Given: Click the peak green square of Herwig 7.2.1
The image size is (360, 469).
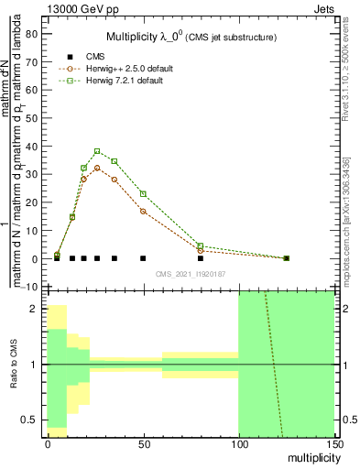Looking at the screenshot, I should pos(97,151).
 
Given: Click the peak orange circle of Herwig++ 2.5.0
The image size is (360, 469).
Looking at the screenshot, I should pos(97,169).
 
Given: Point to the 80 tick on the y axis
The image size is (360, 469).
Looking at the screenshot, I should pos(43,34).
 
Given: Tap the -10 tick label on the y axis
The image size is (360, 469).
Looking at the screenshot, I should pos(28,288).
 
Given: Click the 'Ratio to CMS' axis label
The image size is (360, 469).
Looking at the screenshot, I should pos(13,365).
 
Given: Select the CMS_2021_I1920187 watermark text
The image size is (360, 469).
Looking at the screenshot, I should pos(191,274).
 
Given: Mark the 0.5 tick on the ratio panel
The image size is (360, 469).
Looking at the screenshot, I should pos(43,420).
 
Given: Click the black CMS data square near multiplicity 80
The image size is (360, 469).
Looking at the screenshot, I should pos(201,258).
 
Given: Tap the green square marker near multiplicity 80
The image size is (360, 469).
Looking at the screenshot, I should pos(201,245).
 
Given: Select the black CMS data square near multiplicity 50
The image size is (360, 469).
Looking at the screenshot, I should pos(143,258).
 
